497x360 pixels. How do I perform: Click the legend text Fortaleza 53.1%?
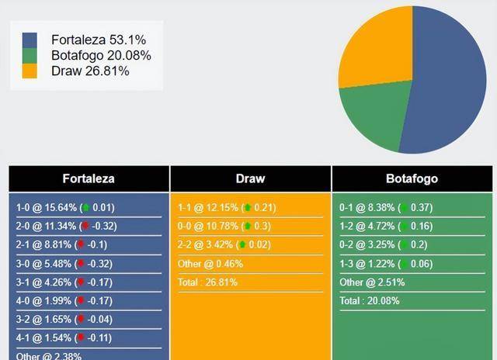pos(98,40)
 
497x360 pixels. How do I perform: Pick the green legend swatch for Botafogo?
pos(30,55)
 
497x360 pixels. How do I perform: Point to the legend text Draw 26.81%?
pos(90,71)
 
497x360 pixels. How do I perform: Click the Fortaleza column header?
pos(89,178)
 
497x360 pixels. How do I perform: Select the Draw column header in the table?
pos(250,178)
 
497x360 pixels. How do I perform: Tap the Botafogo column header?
pos(412,178)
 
